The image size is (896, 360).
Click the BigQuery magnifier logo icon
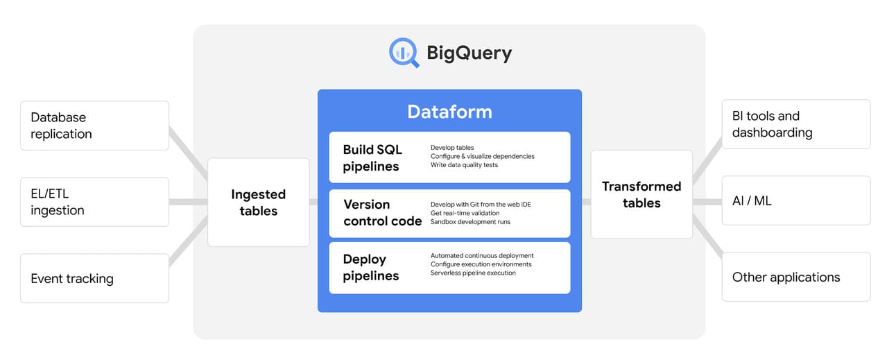404,53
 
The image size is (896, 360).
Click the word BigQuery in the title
469,53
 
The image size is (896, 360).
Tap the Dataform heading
449,112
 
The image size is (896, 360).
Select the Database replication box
95,126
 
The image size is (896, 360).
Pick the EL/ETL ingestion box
95,202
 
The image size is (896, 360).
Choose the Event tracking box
95,278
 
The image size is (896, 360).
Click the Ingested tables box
259,203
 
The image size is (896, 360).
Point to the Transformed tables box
641,194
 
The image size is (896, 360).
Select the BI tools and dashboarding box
796,124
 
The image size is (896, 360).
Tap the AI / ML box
796,200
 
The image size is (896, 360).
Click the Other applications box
796,277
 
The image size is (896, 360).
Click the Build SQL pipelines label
372,158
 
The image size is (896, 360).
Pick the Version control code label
382,213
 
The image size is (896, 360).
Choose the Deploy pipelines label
371,268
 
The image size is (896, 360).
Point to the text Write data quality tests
464,165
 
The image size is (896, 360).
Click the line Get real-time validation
465,213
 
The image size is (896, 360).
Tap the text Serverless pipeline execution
473,273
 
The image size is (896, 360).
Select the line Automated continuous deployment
482,255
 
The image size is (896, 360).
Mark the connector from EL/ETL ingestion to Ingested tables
189,203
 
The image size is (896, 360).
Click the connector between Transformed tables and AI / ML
707,203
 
